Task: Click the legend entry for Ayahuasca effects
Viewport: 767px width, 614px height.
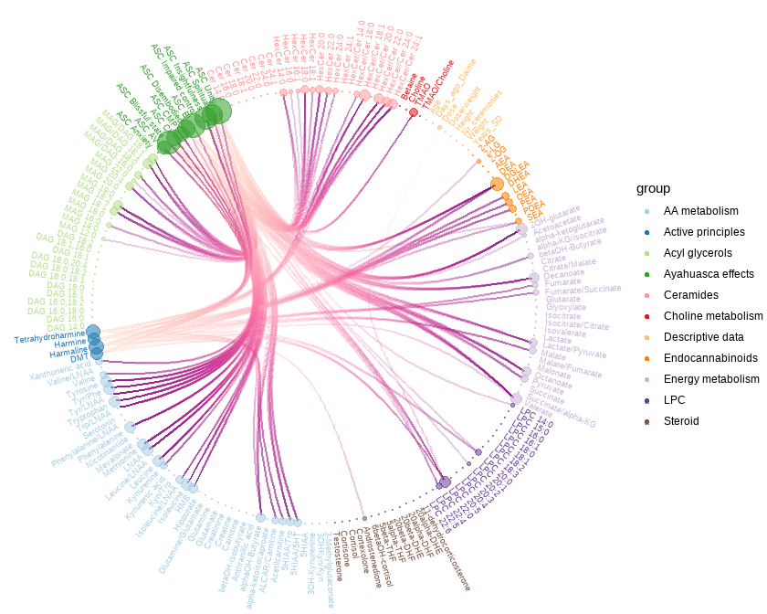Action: [709, 274]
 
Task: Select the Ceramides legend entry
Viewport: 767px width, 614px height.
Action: [690, 295]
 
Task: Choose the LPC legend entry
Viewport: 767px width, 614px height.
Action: [675, 400]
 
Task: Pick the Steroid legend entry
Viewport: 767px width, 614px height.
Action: [681, 421]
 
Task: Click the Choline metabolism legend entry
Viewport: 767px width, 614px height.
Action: [713, 316]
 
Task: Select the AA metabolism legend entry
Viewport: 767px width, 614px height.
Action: [701, 211]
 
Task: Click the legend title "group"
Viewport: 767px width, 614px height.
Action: [653, 188]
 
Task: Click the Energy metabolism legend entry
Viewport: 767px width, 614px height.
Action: [711, 379]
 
